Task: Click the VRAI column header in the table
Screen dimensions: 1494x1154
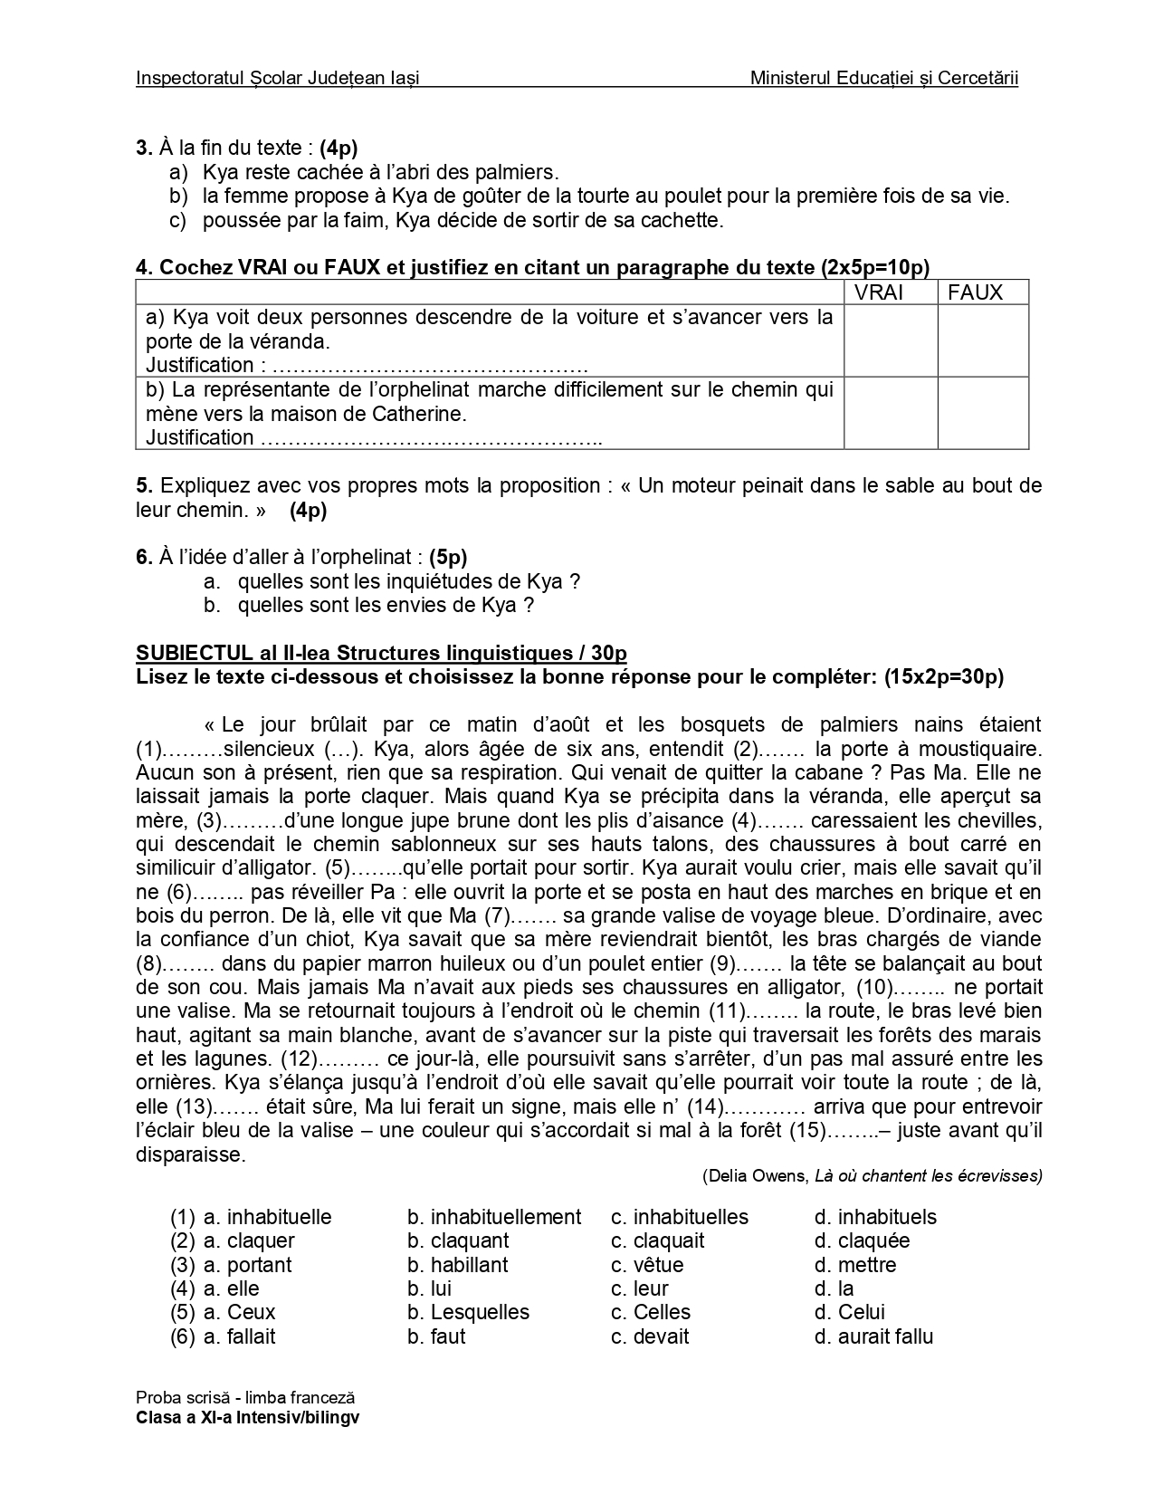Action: point(879,292)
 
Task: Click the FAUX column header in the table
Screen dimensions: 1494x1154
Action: point(975,292)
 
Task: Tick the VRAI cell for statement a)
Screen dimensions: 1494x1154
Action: point(890,340)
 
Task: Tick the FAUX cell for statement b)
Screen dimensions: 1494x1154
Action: point(983,413)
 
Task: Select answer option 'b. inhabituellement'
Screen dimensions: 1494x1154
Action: point(494,1217)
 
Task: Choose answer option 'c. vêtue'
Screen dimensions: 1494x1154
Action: point(647,1265)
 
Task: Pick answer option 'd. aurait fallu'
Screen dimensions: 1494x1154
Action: point(873,1336)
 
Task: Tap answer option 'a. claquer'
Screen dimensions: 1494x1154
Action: point(249,1240)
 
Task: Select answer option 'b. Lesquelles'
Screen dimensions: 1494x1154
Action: point(468,1312)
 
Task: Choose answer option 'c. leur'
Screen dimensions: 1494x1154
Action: point(639,1288)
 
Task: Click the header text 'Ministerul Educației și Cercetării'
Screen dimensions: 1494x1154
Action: point(884,79)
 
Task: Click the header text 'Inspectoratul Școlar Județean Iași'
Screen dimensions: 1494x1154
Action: point(277,79)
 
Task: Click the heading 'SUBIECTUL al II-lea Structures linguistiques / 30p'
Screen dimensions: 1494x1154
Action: point(381,653)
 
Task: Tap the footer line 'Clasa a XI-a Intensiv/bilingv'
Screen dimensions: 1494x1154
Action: point(247,1419)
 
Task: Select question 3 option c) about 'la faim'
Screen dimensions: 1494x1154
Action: point(462,220)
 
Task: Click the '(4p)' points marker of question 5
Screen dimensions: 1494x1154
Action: point(308,510)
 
